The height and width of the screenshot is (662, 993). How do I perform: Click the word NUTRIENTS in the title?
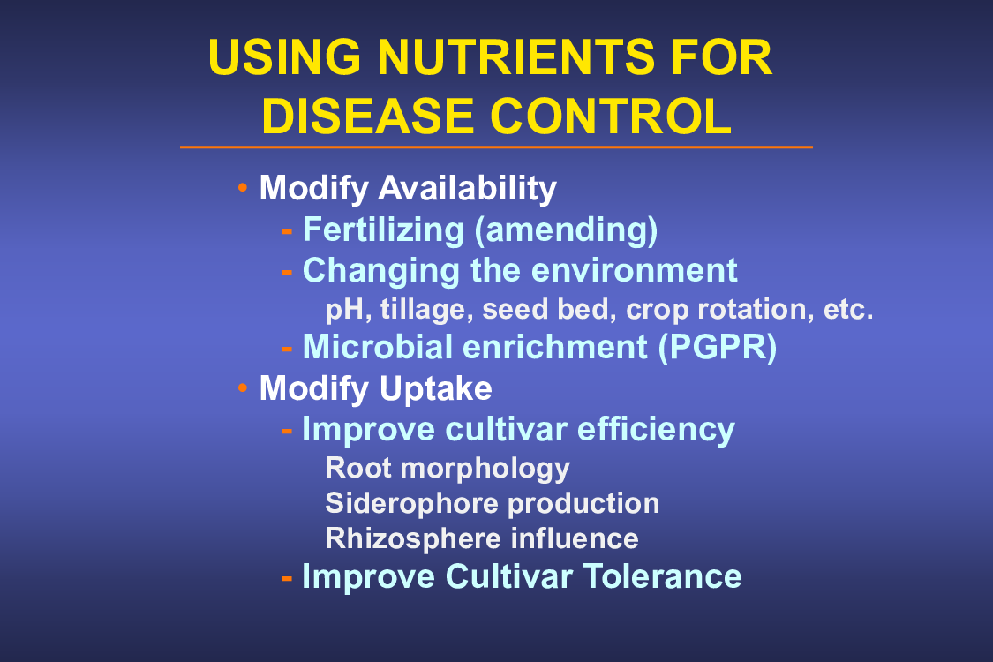(x=516, y=57)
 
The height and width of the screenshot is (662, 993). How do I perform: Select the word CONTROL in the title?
(x=611, y=117)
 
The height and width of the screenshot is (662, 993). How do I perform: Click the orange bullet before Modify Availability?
(x=243, y=187)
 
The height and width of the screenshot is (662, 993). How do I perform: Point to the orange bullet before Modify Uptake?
(x=243, y=387)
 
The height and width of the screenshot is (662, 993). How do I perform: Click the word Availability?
(x=467, y=189)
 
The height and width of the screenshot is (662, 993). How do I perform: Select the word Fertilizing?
(x=383, y=230)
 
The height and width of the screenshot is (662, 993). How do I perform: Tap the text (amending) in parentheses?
(x=566, y=230)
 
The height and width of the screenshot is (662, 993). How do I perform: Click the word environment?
(x=635, y=270)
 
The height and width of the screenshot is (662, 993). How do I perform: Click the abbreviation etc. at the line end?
(x=848, y=310)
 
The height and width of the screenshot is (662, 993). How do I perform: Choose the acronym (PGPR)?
(x=718, y=347)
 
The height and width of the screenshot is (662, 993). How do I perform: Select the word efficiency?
(x=656, y=430)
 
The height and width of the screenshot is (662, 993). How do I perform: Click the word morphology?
(x=485, y=470)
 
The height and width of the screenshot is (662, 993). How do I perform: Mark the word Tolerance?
(x=662, y=576)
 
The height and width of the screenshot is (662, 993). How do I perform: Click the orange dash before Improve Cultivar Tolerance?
(x=287, y=578)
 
